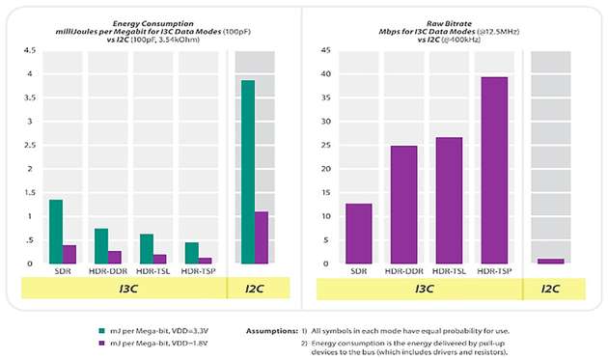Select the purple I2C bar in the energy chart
[x=261, y=237]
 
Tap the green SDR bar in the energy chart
[x=55, y=232]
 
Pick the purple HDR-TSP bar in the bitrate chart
[x=493, y=170]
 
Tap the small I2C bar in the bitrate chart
[x=550, y=261]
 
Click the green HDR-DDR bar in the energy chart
[x=100, y=246]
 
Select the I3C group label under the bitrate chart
[x=426, y=288]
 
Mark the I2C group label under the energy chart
[x=254, y=288]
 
